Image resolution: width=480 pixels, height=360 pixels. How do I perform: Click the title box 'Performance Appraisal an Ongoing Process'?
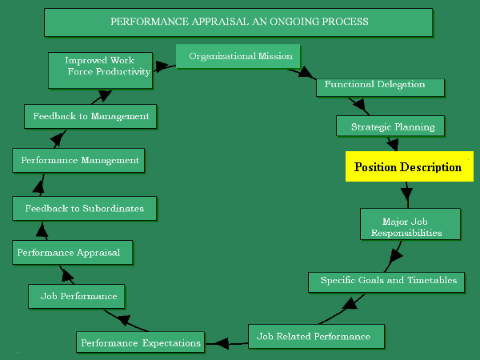[x=238, y=22]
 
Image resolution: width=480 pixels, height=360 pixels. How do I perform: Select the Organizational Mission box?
[x=238, y=57]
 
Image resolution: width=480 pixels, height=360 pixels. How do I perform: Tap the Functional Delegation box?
[x=374, y=85]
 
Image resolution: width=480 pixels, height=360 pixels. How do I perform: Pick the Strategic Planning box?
[x=393, y=126]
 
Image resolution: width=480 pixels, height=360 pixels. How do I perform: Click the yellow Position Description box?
[x=409, y=167]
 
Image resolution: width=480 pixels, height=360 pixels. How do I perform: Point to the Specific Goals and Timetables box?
[x=387, y=281]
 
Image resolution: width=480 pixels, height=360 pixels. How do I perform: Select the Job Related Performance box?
[x=316, y=336]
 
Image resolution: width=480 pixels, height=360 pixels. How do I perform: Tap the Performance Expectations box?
[x=140, y=342]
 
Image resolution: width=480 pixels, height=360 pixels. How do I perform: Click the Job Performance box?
[x=78, y=296]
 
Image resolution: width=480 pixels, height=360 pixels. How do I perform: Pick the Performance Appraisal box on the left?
[x=72, y=253]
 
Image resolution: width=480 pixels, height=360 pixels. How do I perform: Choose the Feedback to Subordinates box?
[x=85, y=209]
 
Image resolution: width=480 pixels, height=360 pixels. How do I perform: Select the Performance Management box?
[x=79, y=160]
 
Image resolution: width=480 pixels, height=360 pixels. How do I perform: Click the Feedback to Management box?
[x=90, y=116]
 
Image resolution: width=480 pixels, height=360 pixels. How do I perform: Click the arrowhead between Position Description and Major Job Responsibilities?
[x=406, y=194]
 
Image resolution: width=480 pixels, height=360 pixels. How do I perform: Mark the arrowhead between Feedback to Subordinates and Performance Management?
[x=38, y=186]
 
